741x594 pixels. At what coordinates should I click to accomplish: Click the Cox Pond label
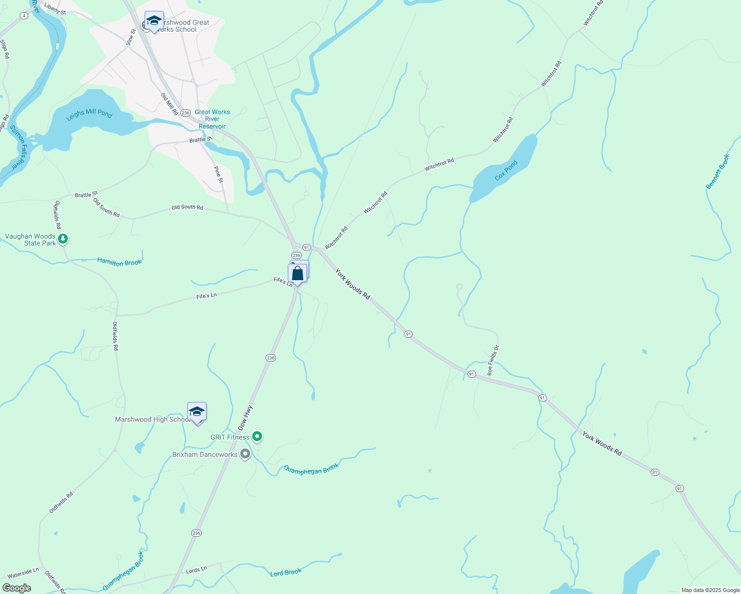506,170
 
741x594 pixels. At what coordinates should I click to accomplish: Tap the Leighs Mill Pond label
89,114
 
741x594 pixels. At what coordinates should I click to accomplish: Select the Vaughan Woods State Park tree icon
62,239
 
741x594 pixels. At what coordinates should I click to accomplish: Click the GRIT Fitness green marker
257,437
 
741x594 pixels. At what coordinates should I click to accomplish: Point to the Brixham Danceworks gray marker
245,454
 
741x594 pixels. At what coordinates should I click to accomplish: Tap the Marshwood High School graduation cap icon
197,412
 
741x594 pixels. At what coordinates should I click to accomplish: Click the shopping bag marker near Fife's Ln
297,273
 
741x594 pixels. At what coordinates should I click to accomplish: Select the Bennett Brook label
717,171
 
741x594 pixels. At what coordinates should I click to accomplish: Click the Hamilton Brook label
119,262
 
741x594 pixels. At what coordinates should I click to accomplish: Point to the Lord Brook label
286,573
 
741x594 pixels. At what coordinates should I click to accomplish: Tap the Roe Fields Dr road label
493,360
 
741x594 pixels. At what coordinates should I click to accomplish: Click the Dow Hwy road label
245,418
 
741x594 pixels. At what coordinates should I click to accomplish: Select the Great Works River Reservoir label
212,119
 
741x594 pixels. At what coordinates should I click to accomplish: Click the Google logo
17,588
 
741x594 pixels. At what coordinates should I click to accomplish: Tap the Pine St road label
218,174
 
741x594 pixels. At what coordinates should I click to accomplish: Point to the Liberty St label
54,8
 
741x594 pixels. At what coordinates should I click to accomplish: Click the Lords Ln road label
196,570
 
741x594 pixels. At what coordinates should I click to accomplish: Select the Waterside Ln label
23,574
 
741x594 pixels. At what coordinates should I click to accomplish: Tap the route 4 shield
24,16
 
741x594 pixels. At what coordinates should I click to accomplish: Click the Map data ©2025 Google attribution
710,590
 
